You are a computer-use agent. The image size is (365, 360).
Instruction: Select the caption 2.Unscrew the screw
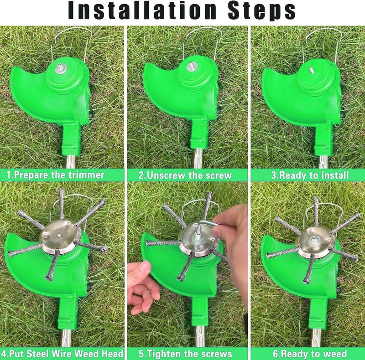pos(185,175)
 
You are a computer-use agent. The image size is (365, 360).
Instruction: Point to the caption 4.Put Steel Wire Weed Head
pos(63,354)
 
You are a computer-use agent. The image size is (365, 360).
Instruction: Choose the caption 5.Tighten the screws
pos(185,354)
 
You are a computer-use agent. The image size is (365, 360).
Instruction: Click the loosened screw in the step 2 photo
pos(191,67)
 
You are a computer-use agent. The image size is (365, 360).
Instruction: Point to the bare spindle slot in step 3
pos(310,69)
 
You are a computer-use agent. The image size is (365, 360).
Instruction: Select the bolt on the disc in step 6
pos(315,238)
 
